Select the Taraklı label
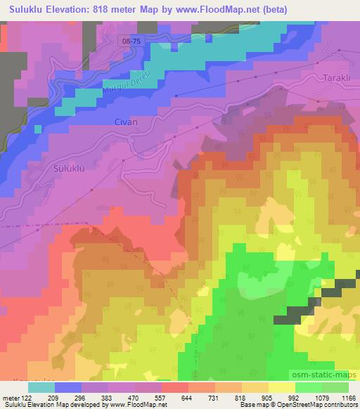(x=337, y=77)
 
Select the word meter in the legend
(x=11, y=397)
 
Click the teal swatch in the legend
(x=40, y=387)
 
